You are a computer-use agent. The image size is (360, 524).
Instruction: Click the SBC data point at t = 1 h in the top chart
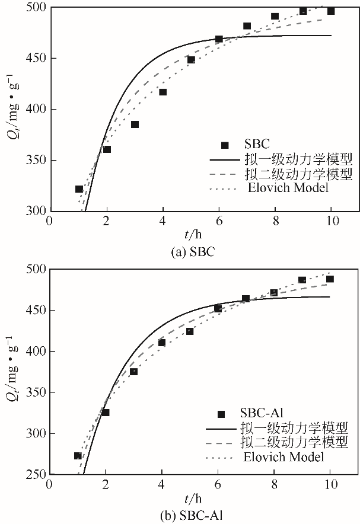click(79, 189)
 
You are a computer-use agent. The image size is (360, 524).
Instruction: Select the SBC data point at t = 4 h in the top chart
click(163, 92)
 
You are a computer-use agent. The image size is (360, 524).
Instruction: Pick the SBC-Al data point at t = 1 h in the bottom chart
click(78, 455)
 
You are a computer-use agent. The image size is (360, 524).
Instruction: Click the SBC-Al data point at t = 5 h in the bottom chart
click(190, 331)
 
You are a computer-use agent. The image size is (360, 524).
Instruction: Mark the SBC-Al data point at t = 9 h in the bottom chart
click(302, 280)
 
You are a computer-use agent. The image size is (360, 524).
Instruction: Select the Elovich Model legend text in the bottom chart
click(283, 456)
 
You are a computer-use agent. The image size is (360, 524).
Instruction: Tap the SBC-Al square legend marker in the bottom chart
click(222, 414)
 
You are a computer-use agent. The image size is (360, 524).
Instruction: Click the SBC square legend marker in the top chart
click(225, 145)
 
